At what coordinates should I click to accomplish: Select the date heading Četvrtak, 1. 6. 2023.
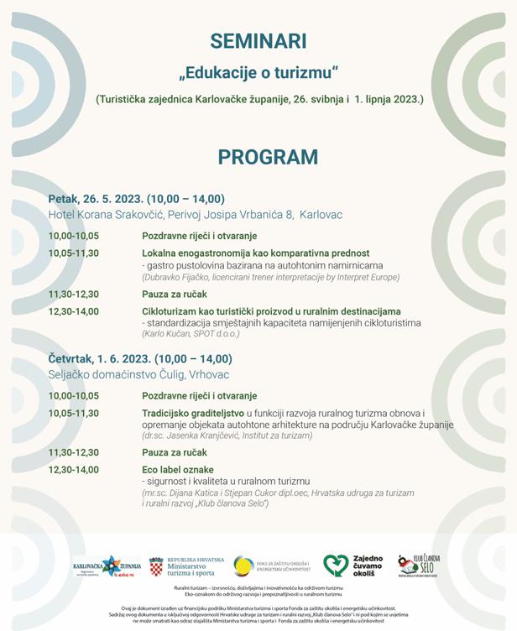point(104,358)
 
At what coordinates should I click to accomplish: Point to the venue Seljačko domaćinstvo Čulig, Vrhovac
point(138,374)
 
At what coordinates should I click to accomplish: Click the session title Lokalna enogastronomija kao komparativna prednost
point(256,253)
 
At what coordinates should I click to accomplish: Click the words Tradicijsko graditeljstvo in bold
point(193,414)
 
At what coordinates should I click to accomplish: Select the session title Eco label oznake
point(178,469)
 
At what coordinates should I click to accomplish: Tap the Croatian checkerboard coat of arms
point(156,566)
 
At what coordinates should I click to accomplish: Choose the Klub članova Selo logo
point(418,566)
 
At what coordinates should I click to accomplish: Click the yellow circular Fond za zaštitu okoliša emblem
point(244,566)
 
